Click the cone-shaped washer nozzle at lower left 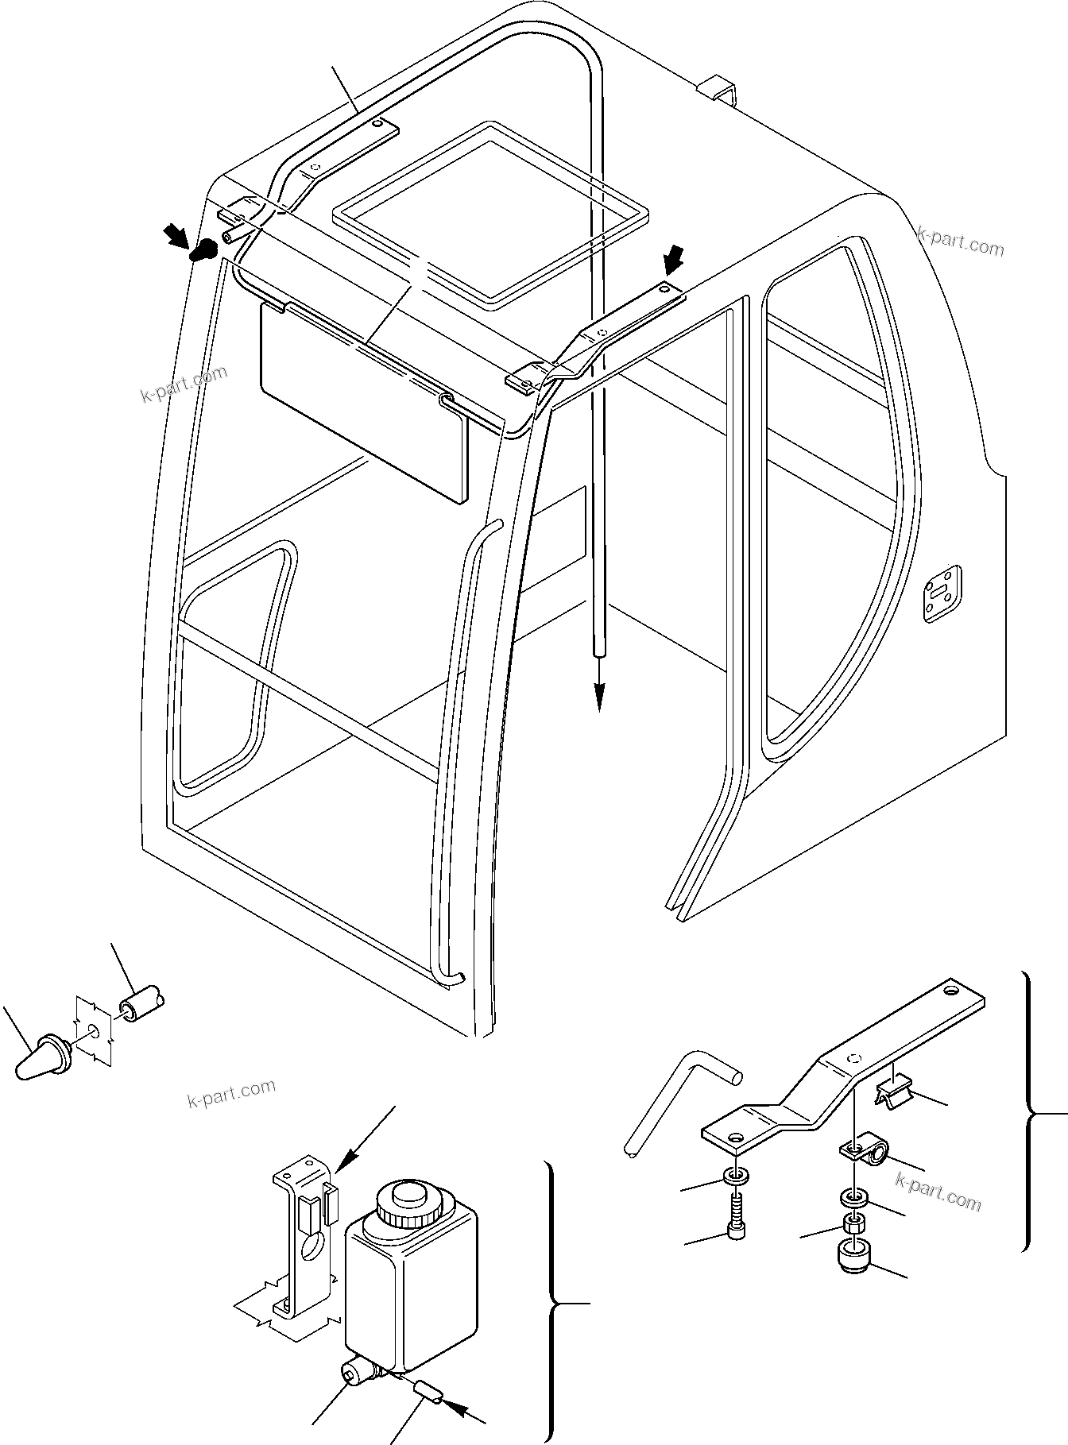42,1058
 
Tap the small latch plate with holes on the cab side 942,593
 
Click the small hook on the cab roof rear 718,90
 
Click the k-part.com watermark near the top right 960,241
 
